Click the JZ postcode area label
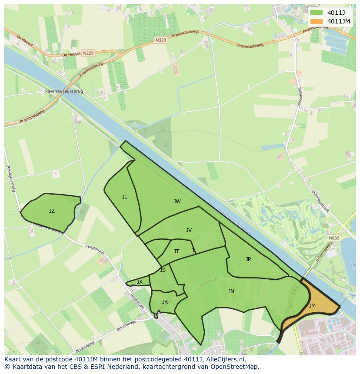[x=52, y=211]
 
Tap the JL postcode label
[x=125, y=197]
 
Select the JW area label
[x=177, y=202]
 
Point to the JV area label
[x=189, y=230]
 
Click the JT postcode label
[x=177, y=252]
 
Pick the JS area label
[x=163, y=270]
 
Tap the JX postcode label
[x=140, y=282]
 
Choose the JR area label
[x=165, y=302]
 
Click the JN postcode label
[x=231, y=291]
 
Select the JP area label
[x=248, y=259]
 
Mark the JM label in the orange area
[x=312, y=306]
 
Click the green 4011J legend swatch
[x=317, y=12]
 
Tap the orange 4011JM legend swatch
[x=317, y=21]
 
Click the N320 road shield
[x=160, y=40]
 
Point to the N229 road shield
[x=88, y=53]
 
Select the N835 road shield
[x=334, y=238]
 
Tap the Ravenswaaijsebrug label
[x=64, y=92]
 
